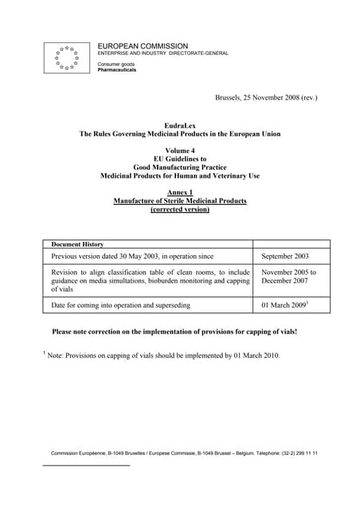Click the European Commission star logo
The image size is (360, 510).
coord(66,57)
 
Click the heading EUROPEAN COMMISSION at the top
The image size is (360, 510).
coord(143,46)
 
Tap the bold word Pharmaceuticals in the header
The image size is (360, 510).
coord(116,70)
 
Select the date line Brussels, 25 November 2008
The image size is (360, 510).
coord(266,97)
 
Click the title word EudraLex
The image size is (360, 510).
coord(179,126)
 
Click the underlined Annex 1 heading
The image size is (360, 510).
coord(179,192)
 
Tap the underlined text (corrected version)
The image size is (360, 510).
coord(179,210)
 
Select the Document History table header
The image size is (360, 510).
coord(77,244)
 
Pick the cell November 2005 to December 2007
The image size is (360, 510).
coord(288,277)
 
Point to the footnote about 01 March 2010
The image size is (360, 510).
coord(163,355)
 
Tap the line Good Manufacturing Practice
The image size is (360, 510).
coord(179,167)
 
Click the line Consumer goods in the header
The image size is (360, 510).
coord(115,64)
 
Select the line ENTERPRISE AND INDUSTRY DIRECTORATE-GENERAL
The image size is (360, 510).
coord(162,53)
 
